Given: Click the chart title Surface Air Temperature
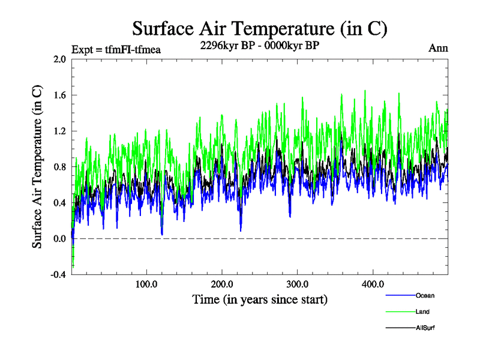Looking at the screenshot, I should [x=259, y=29].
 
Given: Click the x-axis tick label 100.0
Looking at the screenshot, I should [x=146, y=284].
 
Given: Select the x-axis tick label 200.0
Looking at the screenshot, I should [x=222, y=284].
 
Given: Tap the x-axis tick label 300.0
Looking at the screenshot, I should [x=298, y=284].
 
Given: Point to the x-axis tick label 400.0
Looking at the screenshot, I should [x=373, y=284].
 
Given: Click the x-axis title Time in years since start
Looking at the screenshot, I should [x=260, y=299].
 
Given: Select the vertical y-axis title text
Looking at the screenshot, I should [x=37, y=167].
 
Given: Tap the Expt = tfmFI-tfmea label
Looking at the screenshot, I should [x=116, y=49].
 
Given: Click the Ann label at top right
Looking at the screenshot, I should [x=438, y=49].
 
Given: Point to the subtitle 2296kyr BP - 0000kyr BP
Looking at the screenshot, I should [x=259, y=46].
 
